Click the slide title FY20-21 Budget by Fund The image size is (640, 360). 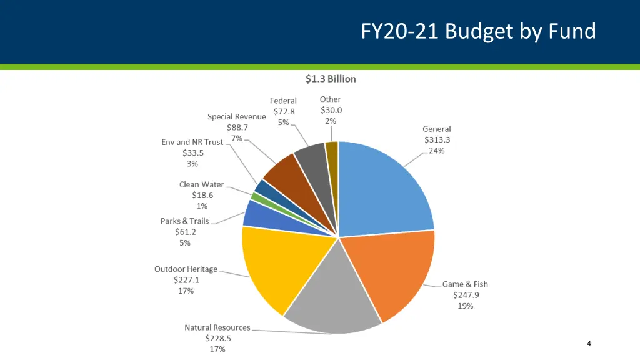[478, 31]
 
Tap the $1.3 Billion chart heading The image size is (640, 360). [331, 79]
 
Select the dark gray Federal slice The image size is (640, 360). [311, 157]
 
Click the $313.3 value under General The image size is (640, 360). [437, 139]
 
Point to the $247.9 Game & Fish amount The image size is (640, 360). [466, 295]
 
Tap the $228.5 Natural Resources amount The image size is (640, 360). [217, 338]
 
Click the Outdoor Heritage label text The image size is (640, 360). [186, 269]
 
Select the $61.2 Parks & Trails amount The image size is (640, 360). [185, 232]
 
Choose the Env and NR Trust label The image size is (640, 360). [192, 142]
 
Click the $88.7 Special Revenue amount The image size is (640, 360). [237, 127]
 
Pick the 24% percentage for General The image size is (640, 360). [437, 151]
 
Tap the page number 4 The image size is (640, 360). [589, 343]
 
